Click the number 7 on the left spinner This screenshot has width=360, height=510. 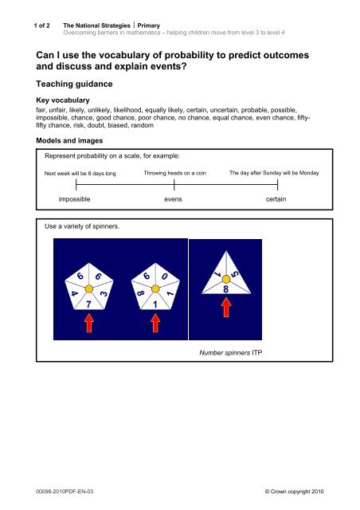click(89, 304)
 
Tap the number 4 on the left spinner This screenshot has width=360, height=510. click(73, 292)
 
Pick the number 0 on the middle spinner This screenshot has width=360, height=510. click(164, 277)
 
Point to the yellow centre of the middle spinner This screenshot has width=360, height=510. click(155, 288)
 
